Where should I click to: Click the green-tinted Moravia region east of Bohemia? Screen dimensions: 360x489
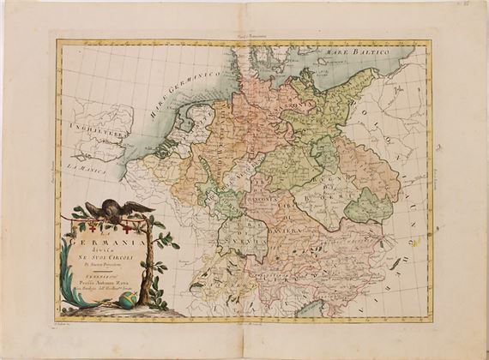point(373,206)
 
